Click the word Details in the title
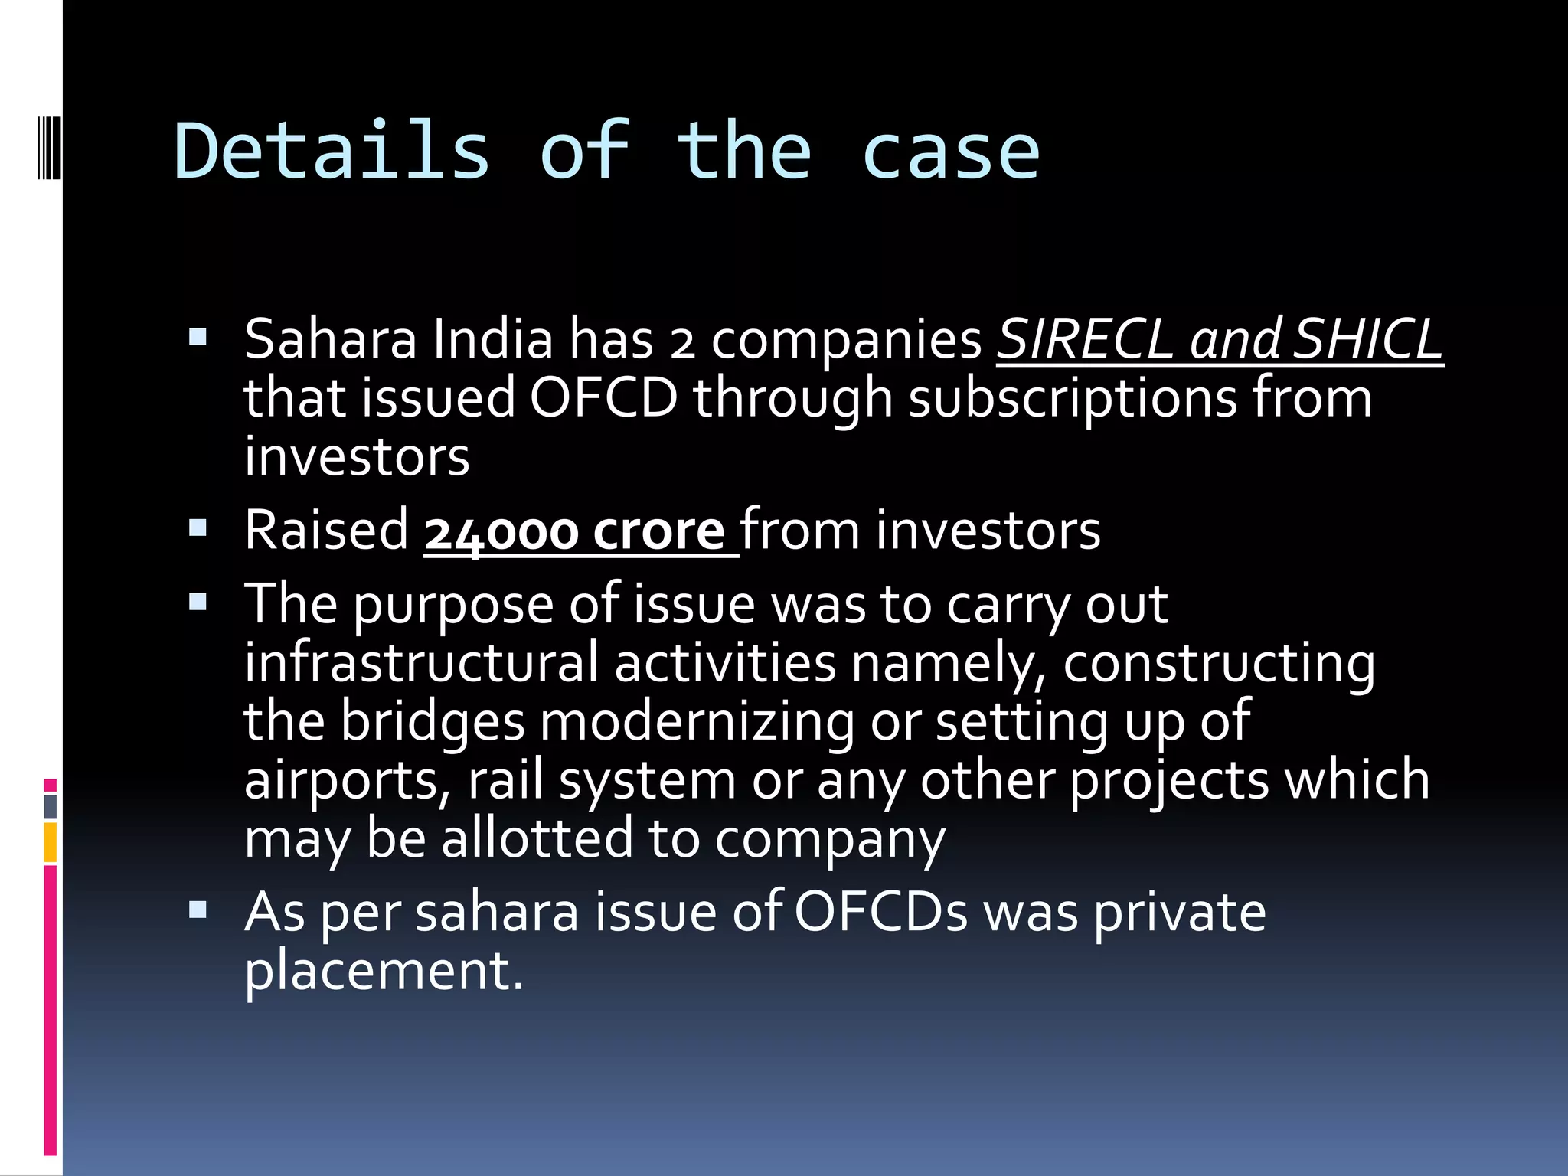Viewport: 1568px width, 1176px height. pos(331,152)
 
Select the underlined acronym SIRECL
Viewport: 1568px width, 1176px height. pos(1085,338)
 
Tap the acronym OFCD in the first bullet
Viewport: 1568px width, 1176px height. pos(604,397)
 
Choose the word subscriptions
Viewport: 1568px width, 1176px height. pos(1073,399)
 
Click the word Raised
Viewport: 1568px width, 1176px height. pos(327,530)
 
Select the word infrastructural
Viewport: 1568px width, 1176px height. pos(421,662)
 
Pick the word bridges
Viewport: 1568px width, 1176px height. pos(433,722)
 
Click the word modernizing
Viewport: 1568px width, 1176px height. pos(697,722)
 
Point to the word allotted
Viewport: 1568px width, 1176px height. pos(537,838)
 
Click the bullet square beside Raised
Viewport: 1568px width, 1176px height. pos(198,528)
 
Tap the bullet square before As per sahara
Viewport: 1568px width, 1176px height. pos(198,910)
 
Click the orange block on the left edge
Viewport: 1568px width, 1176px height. pos(50,842)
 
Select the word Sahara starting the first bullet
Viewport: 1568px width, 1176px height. pos(331,338)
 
